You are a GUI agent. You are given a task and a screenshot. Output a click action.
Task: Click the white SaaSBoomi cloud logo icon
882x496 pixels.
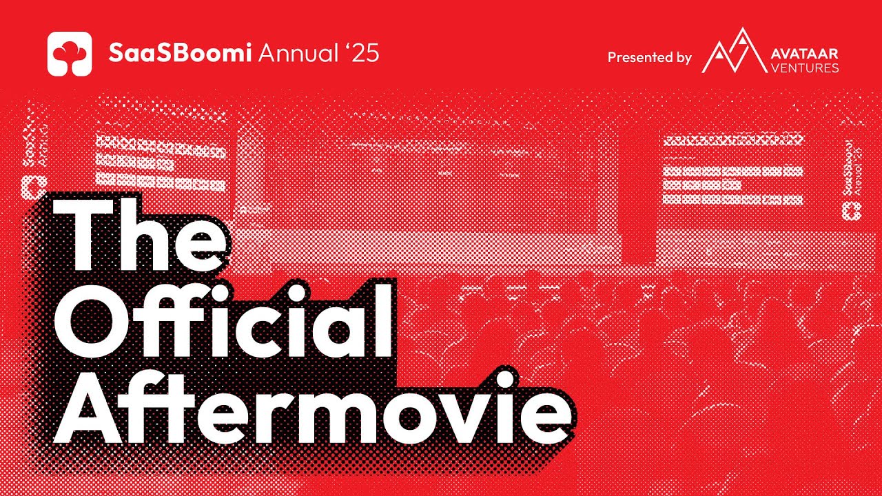70,54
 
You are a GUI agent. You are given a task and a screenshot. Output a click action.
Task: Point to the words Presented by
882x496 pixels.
649,58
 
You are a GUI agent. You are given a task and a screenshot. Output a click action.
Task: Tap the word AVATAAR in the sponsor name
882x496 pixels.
806,54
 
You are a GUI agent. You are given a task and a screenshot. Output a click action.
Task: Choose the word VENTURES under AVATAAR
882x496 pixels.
806,68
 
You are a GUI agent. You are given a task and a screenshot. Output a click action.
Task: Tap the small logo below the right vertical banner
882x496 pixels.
851,211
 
